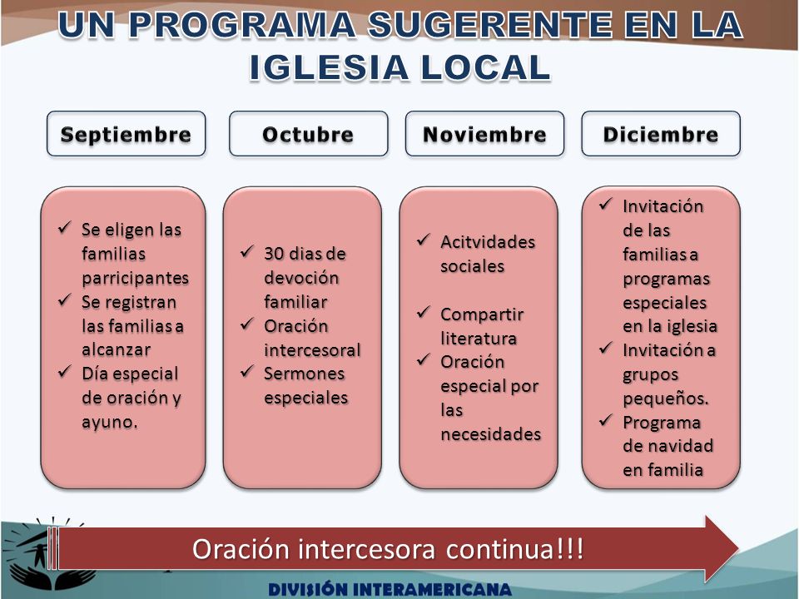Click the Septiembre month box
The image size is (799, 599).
[x=126, y=133]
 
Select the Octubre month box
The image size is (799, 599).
[x=308, y=133]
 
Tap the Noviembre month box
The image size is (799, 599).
[x=484, y=133]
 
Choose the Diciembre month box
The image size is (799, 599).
[x=661, y=133]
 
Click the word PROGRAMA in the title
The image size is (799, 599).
[x=242, y=24]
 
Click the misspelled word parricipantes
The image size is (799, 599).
[x=135, y=278]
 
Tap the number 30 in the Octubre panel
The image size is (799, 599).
[x=274, y=253]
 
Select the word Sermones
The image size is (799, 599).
[x=305, y=374]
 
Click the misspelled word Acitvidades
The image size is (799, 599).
[x=488, y=242]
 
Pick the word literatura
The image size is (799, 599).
[x=479, y=339]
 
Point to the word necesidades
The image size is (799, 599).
[x=491, y=434]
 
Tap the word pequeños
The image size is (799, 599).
[x=666, y=399]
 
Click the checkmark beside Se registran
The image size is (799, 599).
[x=64, y=300]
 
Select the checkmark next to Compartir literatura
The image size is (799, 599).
[x=424, y=312]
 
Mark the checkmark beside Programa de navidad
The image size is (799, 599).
[x=605, y=420]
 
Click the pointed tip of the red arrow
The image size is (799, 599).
[x=738, y=548]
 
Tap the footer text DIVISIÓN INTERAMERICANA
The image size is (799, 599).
[x=390, y=589]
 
